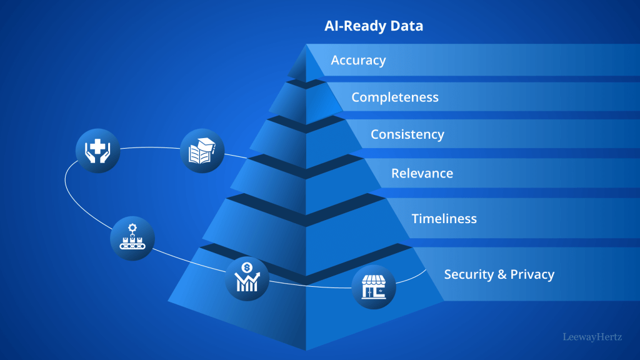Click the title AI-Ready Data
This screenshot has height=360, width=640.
coord(374,26)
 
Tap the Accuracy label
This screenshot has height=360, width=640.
coord(358,60)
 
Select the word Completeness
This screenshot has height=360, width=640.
coord(395,97)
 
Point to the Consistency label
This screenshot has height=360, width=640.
coord(407,134)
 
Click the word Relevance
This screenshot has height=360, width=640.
coord(422,173)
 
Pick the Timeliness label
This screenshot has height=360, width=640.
coord(444,218)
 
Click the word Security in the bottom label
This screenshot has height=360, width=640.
coord(468,274)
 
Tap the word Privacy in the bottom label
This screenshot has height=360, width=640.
coord(532,274)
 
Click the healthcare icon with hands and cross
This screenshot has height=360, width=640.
coord(97,151)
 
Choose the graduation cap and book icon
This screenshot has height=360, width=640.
coord(202,151)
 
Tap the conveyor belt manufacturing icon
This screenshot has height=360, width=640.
coord(132,237)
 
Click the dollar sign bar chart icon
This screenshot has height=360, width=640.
coord(247,277)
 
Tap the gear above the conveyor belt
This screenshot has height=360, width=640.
coord(132,228)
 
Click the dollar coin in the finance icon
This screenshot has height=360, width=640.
coord(247,268)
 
